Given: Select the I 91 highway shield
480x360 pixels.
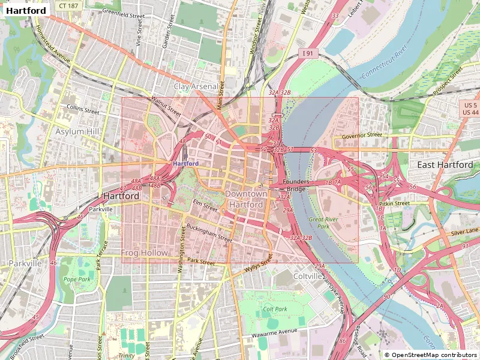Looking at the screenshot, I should pyautogui.click(x=307, y=54).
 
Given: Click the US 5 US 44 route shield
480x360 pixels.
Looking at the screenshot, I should pyautogui.click(x=471, y=109).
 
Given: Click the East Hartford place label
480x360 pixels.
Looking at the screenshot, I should pyautogui.click(x=445, y=164).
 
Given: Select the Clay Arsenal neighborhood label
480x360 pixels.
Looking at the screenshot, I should pyautogui.click(x=196, y=86).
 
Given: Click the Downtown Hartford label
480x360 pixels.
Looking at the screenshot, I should pyautogui.click(x=246, y=199).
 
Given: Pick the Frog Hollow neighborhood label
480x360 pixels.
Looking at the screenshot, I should pyautogui.click(x=145, y=253).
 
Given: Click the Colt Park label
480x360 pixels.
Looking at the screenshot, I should pyautogui.click(x=275, y=310).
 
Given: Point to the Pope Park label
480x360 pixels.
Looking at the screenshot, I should pyautogui.click(x=77, y=280).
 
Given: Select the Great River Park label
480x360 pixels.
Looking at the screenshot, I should pyautogui.click(x=319, y=223).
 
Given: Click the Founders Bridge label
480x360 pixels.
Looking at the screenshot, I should pyautogui.click(x=296, y=185).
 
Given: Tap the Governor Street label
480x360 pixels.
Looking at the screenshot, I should pyautogui.click(x=362, y=136).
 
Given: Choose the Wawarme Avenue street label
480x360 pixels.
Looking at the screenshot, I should pyautogui.click(x=274, y=332).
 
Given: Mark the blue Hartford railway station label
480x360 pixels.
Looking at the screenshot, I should pyautogui.click(x=185, y=163).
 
